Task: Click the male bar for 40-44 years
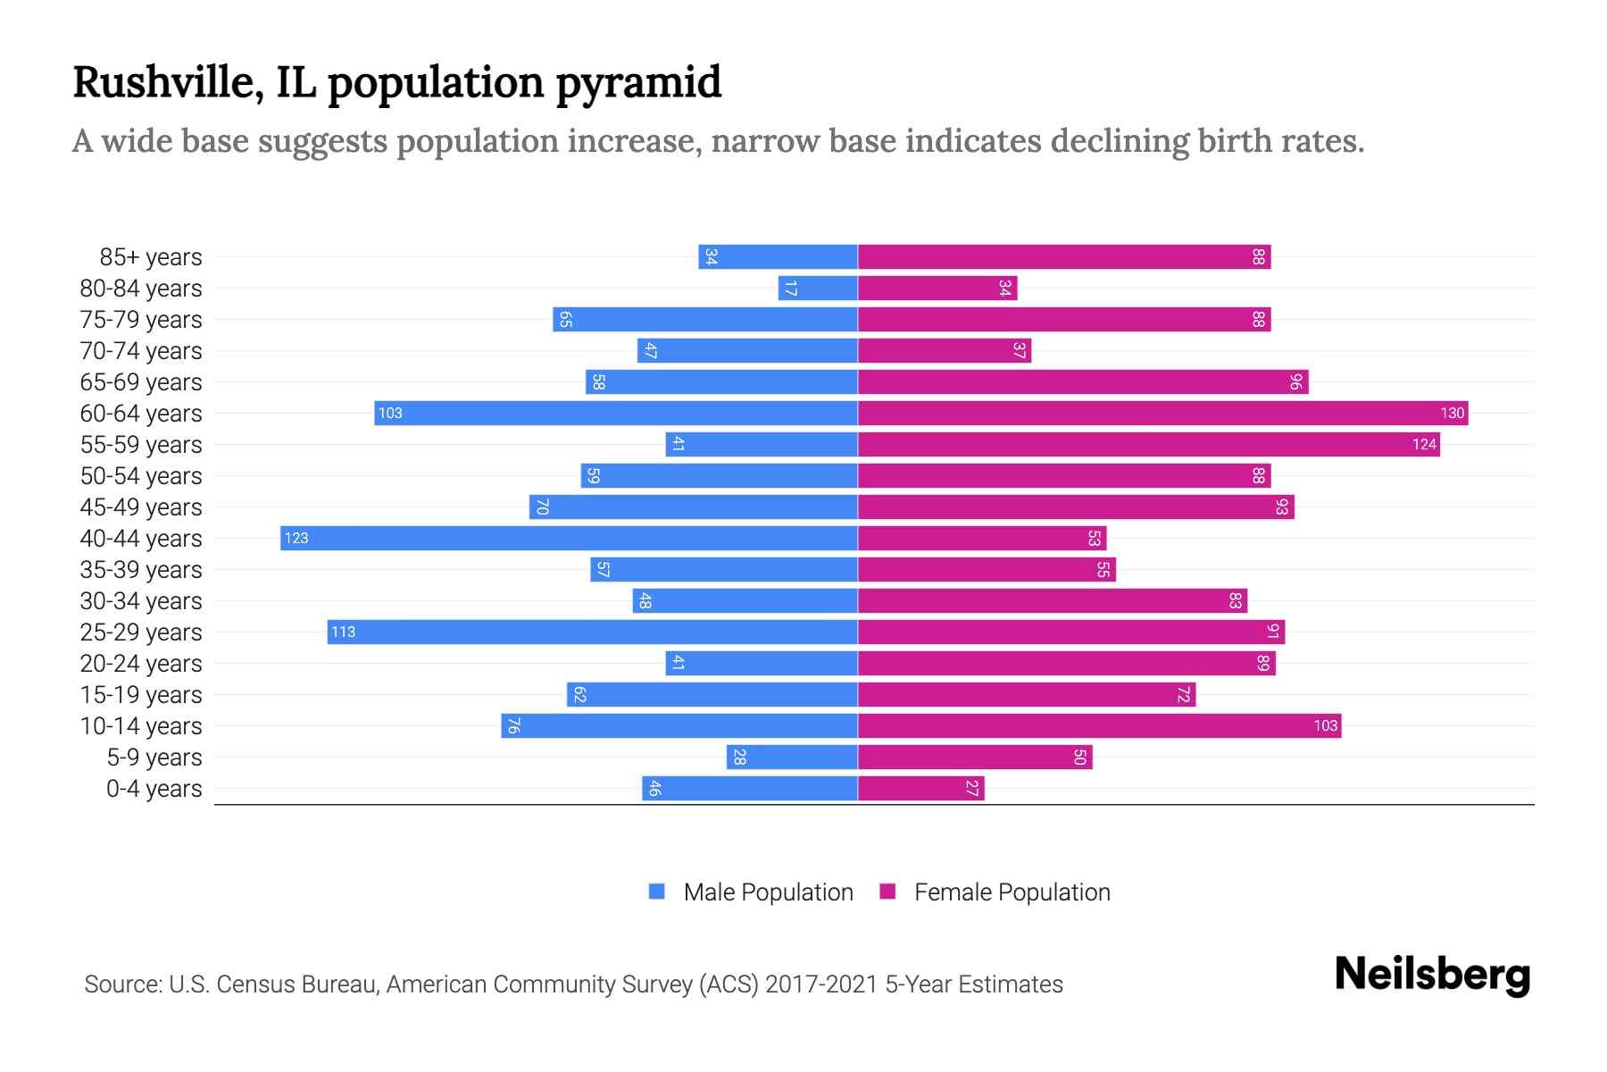pyautogui.click(x=569, y=539)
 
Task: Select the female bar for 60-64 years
pyautogui.click(x=1162, y=414)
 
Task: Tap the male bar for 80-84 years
pyautogui.click(x=818, y=289)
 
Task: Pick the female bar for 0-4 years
pyautogui.click(x=920, y=789)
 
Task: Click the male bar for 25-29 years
pyautogui.click(x=592, y=632)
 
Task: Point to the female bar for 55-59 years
pyautogui.click(x=1148, y=445)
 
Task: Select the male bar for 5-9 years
pyautogui.click(x=792, y=758)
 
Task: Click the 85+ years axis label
pyautogui.click(x=150, y=257)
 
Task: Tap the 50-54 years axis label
pyautogui.click(x=141, y=476)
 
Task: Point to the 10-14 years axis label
pyautogui.click(x=141, y=726)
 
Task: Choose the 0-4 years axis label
pyautogui.click(x=154, y=789)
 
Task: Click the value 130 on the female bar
pyautogui.click(x=1452, y=414)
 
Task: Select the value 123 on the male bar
pyautogui.click(x=296, y=539)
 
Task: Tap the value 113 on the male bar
pyautogui.click(x=343, y=632)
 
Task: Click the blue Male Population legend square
pyautogui.click(x=657, y=892)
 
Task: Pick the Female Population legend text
pyautogui.click(x=1012, y=892)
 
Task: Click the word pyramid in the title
pyautogui.click(x=638, y=83)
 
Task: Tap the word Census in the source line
pyautogui.click(x=255, y=984)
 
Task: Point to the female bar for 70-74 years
pyautogui.click(x=945, y=351)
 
